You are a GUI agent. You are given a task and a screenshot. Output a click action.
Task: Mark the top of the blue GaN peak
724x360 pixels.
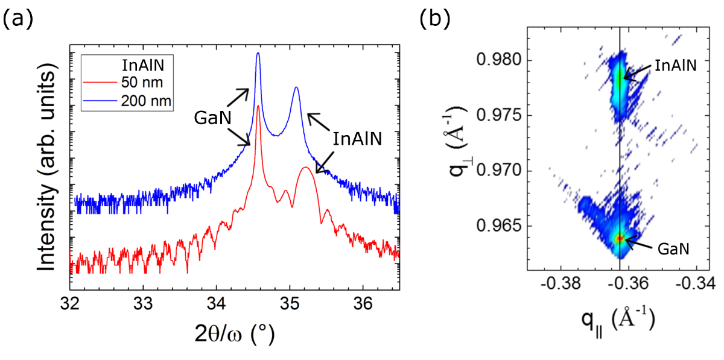pyautogui.click(x=258, y=53)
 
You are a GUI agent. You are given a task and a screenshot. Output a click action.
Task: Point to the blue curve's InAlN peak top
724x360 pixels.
pyautogui.click(x=296, y=87)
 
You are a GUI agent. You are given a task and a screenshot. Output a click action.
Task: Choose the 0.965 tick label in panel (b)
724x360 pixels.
pyautogui.click(x=497, y=226)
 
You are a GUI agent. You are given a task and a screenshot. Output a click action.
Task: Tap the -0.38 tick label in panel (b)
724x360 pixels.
pyautogui.click(x=560, y=283)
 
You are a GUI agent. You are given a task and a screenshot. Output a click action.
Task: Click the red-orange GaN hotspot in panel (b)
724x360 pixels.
pyautogui.click(x=620, y=239)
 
